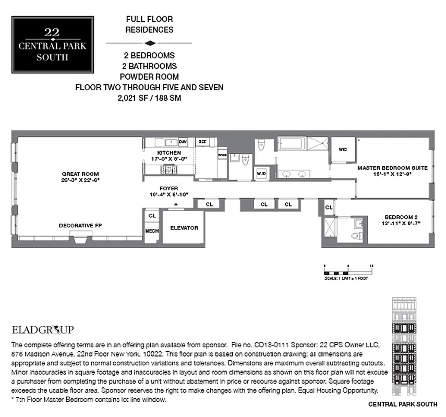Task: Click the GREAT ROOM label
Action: pyautogui.click(x=80, y=174)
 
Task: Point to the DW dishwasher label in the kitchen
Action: pyautogui.click(x=183, y=142)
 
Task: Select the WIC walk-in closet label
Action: pyautogui.click(x=343, y=150)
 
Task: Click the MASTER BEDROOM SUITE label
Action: pyautogui.click(x=392, y=168)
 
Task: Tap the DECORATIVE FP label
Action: pyautogui.click(x=79, y=226)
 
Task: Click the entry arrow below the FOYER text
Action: pyautogui.click(x=176, y=204)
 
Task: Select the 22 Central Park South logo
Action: pyautogui.click(x=52, y=44)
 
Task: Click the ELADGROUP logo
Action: pyautogui.click(x=42, y=329)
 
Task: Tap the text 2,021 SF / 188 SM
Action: pyautogui.click(x=149, y=97)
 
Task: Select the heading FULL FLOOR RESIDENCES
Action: pyautogui.click(x=149, y=24)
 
